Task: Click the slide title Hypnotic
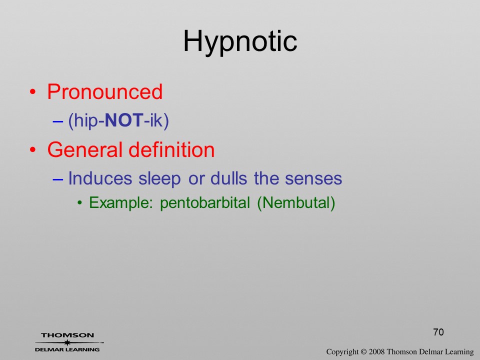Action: [240, 42]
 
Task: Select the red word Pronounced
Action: [104, 91]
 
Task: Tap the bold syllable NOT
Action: [124, 120]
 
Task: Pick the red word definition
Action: [171, 149]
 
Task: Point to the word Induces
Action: [100, 178]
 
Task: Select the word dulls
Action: [228, 178]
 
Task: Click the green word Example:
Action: [121, 203]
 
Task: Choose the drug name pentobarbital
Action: [205, 203]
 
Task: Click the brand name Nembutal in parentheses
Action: [296, 203]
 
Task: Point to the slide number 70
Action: [438, 332]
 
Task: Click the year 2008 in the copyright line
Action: [377, 351]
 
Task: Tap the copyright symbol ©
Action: [363, 351]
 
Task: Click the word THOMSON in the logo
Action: [67, 335]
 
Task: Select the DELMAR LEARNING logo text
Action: [67, 349]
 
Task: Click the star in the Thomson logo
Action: [67, 342]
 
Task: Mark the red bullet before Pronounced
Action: [33, 92]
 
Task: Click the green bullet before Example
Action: [80, 203]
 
